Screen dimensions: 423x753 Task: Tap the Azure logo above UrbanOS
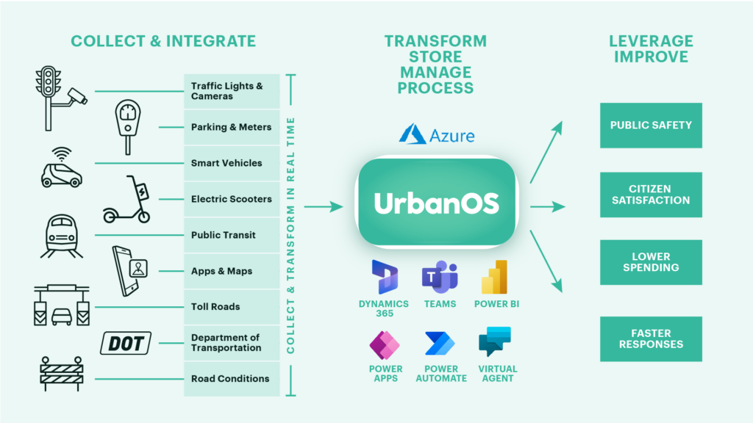click(437, 134)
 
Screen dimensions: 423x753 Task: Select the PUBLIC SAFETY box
click(650, 126)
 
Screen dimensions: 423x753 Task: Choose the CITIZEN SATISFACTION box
click(650, 195)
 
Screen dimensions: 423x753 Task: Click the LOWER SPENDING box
click(650, 263)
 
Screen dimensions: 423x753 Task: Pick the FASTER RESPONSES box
click(650, 339)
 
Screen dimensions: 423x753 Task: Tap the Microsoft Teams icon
click(440, 277)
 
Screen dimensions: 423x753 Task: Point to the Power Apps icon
click(385, 343)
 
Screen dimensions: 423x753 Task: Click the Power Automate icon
click(440, 343)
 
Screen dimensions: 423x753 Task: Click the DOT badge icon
click(126, 342)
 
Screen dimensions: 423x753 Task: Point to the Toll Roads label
click(215, 307)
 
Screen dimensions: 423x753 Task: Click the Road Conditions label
click(230, 379)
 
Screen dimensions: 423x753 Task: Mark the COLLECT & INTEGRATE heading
click(163, 41)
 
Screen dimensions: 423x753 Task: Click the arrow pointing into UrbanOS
click(324, 207)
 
